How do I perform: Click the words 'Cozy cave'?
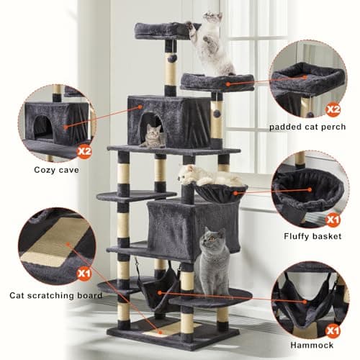(56, 170)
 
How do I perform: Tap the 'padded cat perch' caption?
(307, 127)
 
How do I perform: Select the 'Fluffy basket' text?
(312, 236)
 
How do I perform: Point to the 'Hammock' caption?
(312, 345)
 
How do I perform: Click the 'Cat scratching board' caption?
(56, 295)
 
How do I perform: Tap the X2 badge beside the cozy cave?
(84, 152)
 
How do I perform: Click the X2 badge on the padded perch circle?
(333, 109)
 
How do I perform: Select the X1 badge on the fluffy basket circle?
(333, 220)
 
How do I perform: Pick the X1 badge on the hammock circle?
(333, 331)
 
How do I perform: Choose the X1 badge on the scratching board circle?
(84, 274)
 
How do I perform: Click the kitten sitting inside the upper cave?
(152, 136)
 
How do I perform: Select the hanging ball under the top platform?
(173, 58)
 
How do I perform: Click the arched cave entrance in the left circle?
(43, 127)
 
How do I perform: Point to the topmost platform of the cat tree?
(166, 31)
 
